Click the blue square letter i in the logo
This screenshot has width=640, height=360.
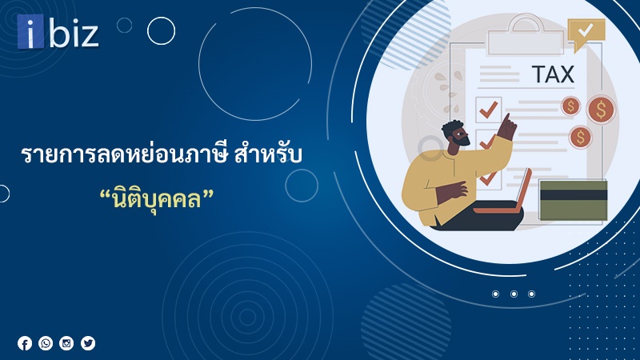[30, 31]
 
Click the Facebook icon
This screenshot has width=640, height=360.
[25, 343]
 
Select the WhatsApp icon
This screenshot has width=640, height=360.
[46, 343]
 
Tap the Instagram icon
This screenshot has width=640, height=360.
[66, 343]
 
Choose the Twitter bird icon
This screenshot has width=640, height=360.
[88, 343]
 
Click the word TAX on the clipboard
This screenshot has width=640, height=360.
[553, 74]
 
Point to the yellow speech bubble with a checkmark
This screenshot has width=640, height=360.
[586, 34]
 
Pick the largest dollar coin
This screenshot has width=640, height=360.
[601, 110]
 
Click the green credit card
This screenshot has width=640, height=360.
[573, 201]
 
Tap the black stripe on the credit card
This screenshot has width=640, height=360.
[573, 194]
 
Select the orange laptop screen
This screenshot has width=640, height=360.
[523, 190]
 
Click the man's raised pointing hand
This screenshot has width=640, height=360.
[506, 127]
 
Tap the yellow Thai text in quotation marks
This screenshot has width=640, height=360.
[157, 199]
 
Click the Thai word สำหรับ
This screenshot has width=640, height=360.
[268, 155]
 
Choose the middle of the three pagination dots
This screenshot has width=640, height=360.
[514, 294]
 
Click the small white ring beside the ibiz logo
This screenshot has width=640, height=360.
[161, 31]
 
